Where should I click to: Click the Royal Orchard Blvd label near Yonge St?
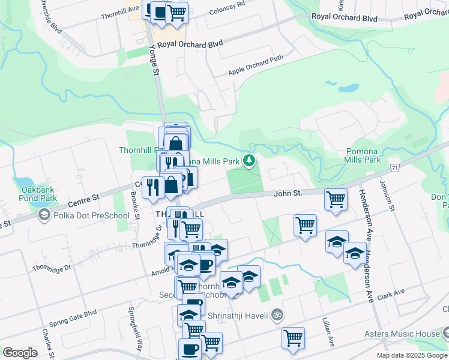[190, 44]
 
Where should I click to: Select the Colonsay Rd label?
[228, 6]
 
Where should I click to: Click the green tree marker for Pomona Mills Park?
[249, 160]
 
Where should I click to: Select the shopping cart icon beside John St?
[336, 198]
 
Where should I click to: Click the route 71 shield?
[394, 167]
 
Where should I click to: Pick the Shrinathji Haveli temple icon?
[277, 314]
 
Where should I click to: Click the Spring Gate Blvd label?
[73, 314]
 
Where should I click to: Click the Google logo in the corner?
[20, 352]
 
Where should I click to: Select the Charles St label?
[47, 340]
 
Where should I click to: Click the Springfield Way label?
[135, 328]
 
